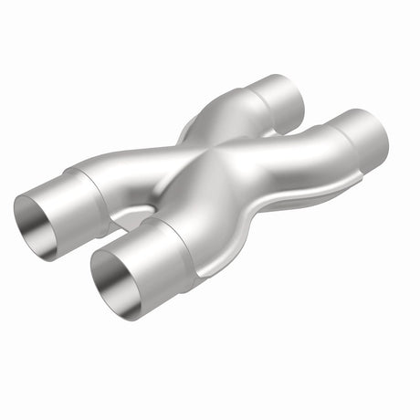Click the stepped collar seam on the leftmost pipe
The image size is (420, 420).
tap(92, 182)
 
